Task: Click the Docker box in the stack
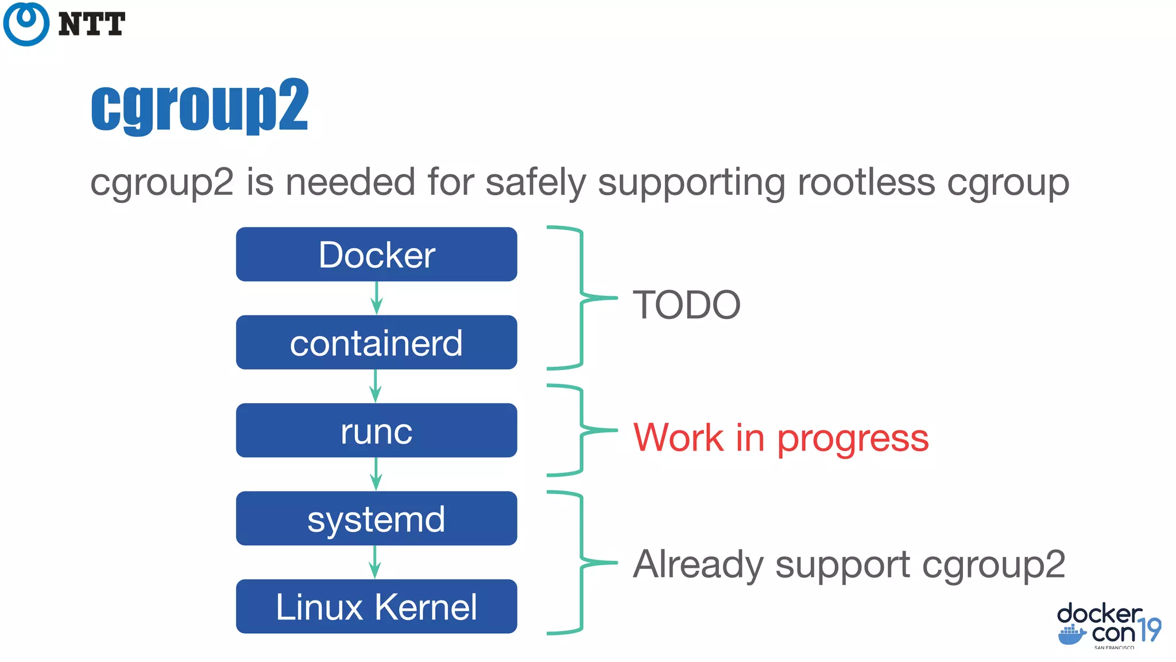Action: coord(376,254)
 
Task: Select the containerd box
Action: coord(376,342)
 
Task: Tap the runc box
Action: coord(376,430)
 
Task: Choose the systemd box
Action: coord(376,518)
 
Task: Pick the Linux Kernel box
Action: coord(376,606)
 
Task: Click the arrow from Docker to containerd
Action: coord(377,298)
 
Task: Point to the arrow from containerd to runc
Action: coord(376,386)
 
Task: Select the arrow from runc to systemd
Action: coord(376,474)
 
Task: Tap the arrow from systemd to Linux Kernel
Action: coord(375,562)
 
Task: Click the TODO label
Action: coord(686,305)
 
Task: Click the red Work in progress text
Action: coord(780,438)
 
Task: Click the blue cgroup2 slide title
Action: coord(200,106)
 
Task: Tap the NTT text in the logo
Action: coord(91,24)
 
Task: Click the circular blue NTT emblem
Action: coord(26,24)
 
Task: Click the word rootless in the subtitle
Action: coord(866,183)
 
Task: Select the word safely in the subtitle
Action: coord(535,183)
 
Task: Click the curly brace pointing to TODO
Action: coord(581,297)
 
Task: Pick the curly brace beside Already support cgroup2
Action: coord(581,562)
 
